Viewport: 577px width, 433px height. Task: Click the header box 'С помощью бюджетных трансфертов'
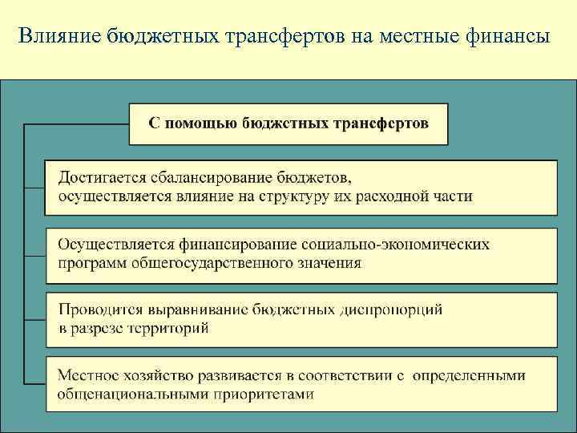(x=288, y=123)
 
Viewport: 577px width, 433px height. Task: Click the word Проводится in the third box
(x=97, y=309)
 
